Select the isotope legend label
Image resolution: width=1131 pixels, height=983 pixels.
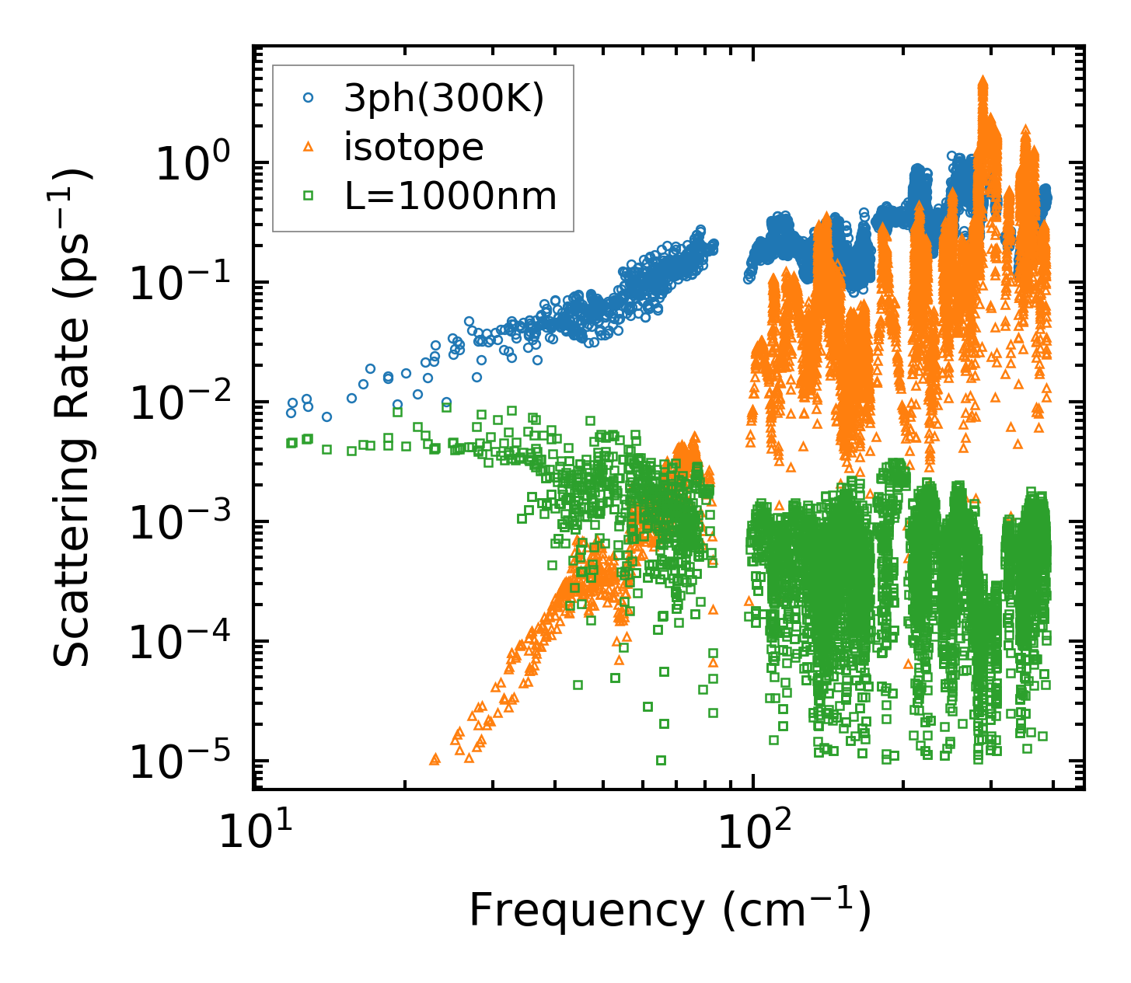click(414, 148)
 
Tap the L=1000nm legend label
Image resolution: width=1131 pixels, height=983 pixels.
click(450, 197)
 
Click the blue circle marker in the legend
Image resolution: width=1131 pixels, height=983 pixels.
click(309, 98)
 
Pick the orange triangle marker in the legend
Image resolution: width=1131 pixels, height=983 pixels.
click(309, 147)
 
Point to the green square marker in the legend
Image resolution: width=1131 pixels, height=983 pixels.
click(309, 197)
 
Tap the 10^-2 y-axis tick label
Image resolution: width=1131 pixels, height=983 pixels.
click(186, 404)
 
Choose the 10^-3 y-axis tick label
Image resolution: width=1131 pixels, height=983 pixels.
click(186, 524)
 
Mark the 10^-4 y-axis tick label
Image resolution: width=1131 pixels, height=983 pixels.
click(186, 643)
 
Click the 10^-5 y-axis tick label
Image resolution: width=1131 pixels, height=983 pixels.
click(186, 763)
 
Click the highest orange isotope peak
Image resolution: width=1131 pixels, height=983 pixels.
click(983, 81)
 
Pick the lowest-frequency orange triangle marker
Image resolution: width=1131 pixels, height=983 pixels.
click(435, 758)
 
